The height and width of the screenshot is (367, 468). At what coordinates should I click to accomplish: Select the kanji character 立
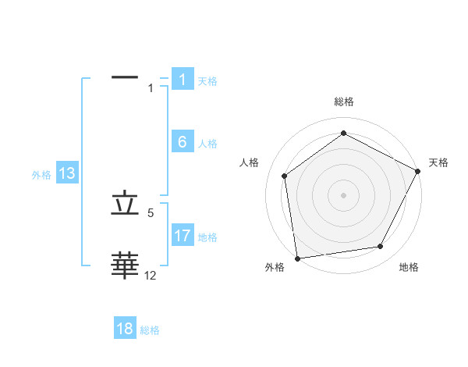click(126, 204)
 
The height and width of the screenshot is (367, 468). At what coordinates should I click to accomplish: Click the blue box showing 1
click(182, 80)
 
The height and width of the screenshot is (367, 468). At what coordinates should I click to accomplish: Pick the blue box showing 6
click(182, 142)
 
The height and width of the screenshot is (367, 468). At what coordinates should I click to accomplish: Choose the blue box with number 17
click(182, 236)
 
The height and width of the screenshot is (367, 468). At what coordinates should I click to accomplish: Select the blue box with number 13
click(66, 173)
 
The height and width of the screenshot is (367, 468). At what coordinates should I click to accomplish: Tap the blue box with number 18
click(125, 329)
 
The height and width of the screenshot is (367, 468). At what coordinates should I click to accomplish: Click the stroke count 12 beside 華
click(151, 276)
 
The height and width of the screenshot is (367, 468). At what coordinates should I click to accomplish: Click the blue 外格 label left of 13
click(41, 175)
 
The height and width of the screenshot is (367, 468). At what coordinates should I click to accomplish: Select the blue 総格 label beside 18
click(150, 330)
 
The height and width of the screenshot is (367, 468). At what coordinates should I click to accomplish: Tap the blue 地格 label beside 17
click(207, 237)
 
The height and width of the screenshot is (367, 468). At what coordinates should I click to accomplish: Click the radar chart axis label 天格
click(438, 162)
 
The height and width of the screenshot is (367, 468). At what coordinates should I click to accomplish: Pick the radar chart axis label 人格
click(250, 162)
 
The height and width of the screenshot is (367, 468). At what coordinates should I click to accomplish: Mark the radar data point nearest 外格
click(297, 258)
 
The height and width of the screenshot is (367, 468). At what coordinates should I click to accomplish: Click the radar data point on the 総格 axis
click(343, 134)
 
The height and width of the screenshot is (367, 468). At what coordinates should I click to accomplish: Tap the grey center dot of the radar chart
click(343, 194)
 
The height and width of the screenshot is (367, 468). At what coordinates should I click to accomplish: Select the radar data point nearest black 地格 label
click(381, 246)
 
